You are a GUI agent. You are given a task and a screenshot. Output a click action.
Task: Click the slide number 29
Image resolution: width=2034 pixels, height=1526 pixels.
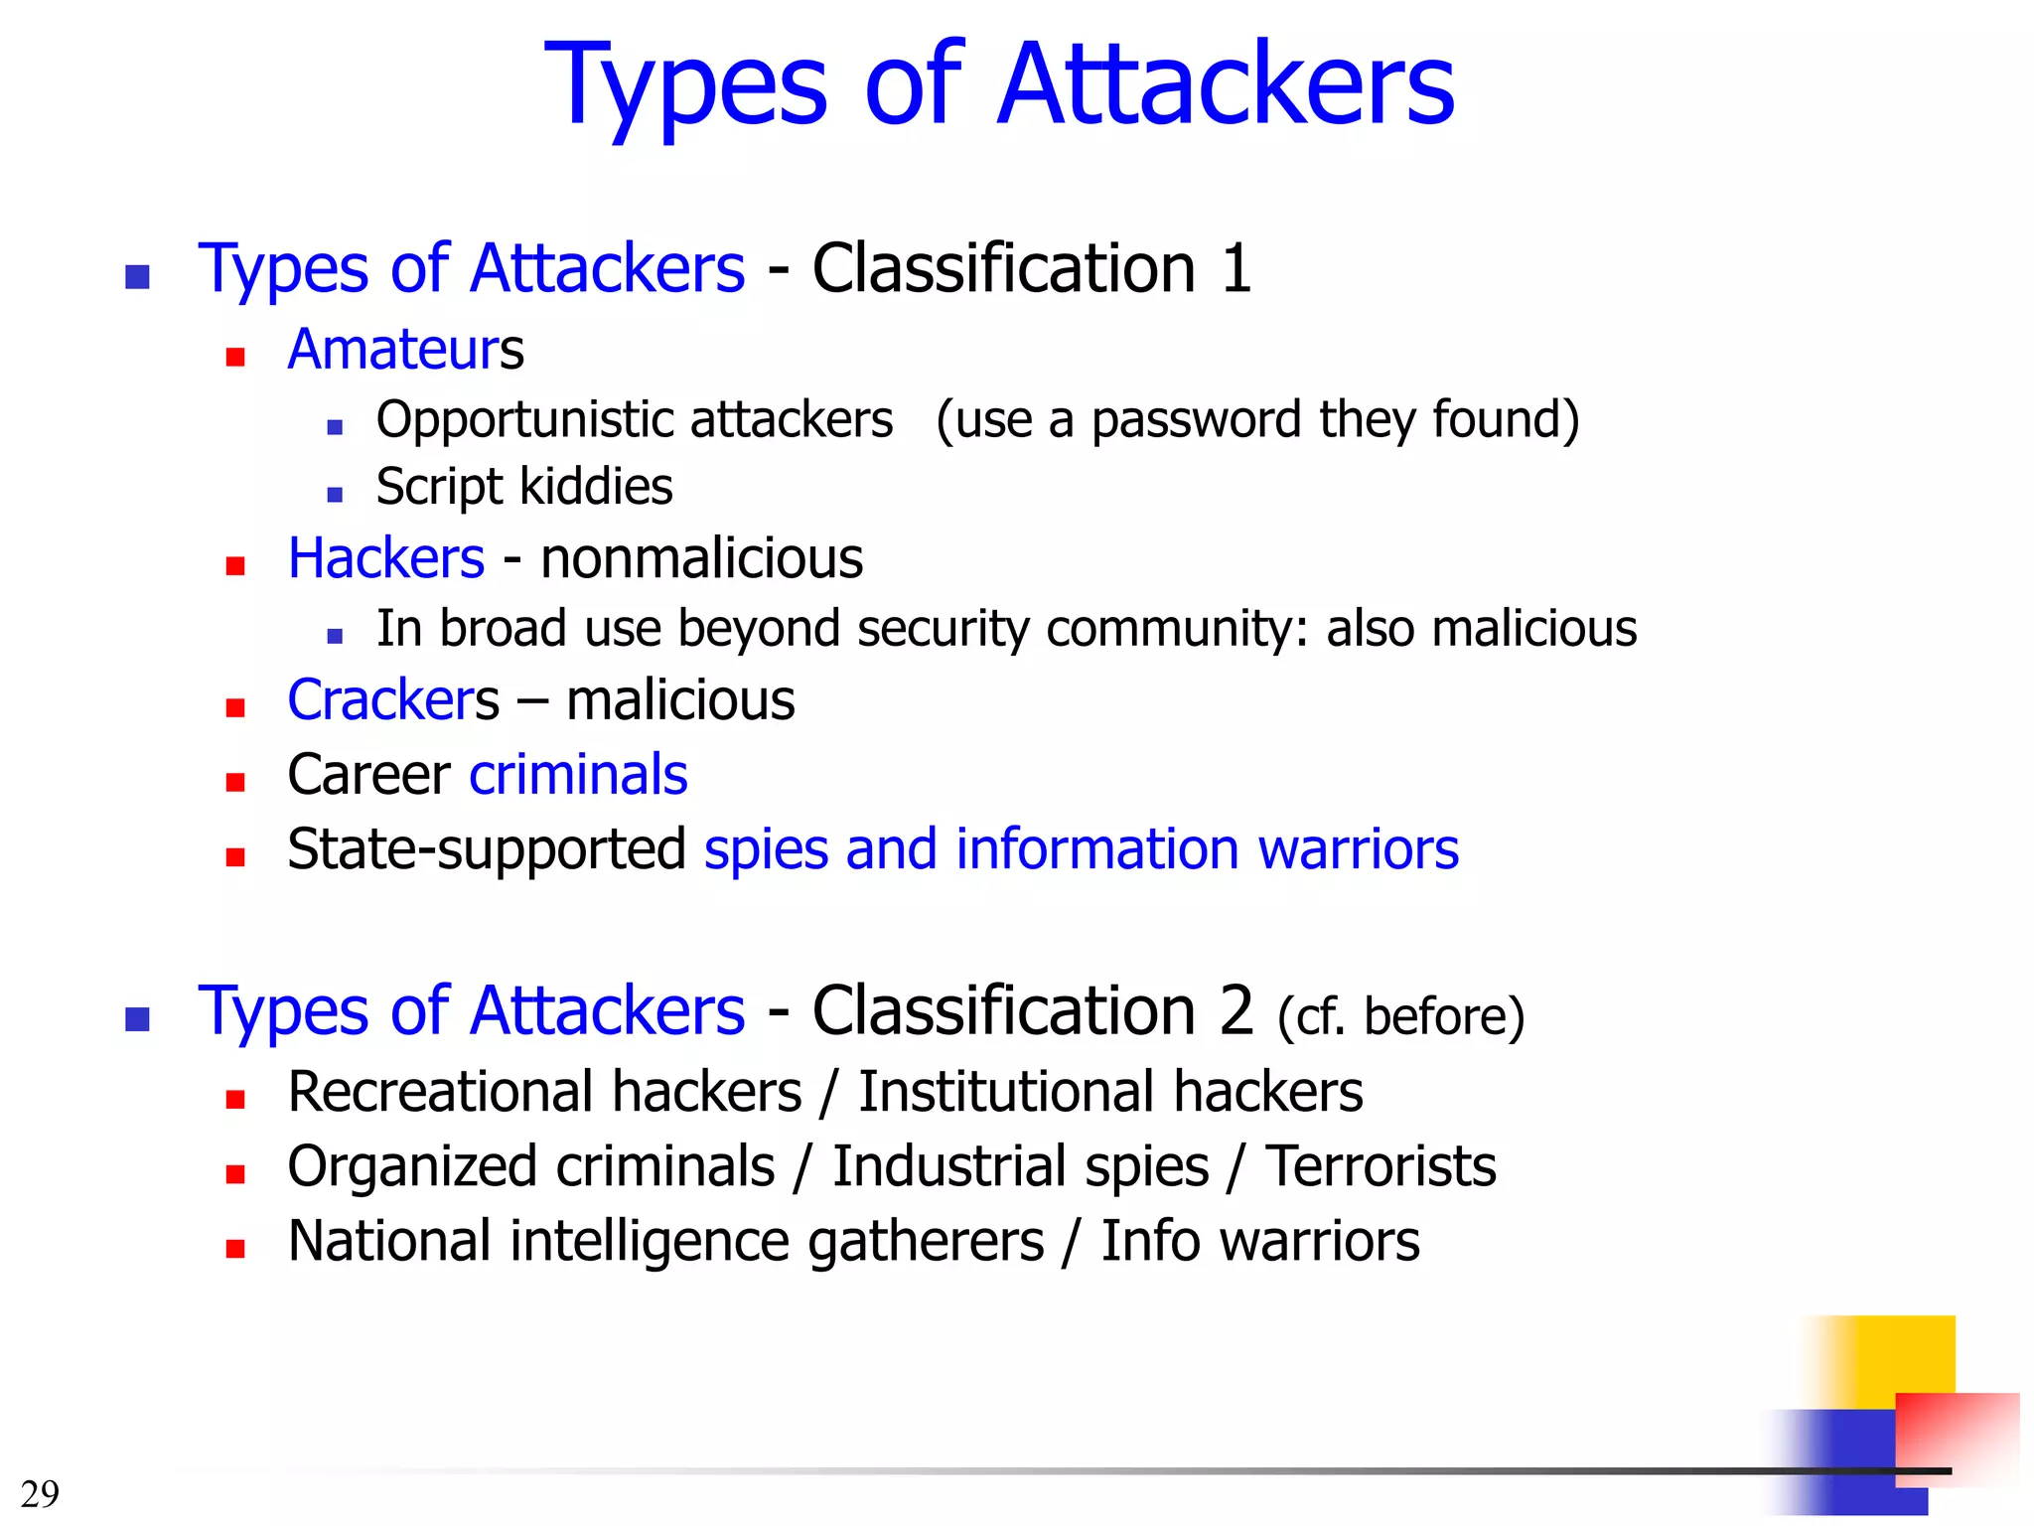[40, 1493]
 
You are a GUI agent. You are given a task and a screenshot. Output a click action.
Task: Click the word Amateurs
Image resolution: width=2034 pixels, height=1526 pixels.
[405, 350]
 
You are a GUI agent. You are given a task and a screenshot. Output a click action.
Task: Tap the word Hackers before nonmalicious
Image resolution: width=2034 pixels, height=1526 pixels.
[385, 558]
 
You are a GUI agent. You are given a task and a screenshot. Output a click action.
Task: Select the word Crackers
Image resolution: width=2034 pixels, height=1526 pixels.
[393, 700]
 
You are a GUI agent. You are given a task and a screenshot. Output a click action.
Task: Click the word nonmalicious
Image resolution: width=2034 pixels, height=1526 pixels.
[701, 558]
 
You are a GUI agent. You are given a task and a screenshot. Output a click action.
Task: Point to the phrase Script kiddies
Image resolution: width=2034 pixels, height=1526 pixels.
[524, 488]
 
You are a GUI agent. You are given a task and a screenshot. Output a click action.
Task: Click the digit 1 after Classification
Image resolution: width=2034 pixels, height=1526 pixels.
[1235, 269]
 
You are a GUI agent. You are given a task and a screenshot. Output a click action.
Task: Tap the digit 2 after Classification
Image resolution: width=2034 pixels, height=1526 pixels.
[1236, 1011]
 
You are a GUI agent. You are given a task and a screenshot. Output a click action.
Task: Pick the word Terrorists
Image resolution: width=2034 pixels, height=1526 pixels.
[1380, 1167]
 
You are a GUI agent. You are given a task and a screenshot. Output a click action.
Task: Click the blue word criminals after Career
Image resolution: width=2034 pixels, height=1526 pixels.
[578, 775]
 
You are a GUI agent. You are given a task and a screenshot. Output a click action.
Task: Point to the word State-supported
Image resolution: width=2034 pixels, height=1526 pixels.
[487, 850]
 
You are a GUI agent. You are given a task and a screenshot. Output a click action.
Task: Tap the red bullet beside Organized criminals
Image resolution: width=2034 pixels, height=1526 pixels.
[235, 1175]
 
